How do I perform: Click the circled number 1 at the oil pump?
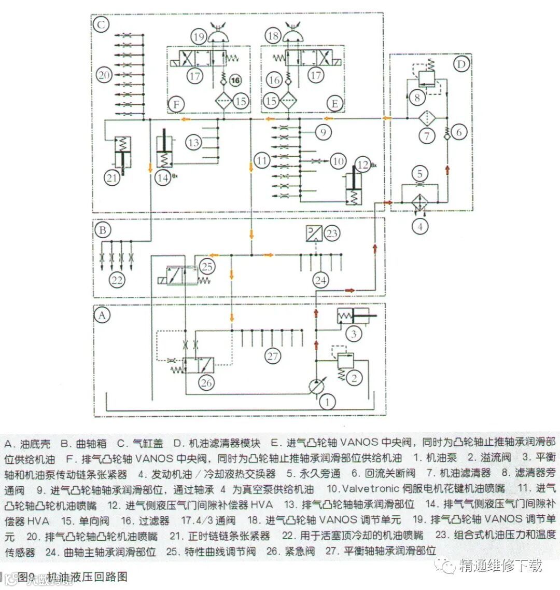(327, 400)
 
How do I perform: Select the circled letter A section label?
(102, 315)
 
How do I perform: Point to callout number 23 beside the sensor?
(332, 233)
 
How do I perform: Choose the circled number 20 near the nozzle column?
(104, 75)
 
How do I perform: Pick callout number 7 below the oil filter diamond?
(427, 136)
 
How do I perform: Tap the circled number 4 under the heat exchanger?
(421, 226)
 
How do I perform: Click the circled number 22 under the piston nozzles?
(117, 280)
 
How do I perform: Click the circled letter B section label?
(102, 229)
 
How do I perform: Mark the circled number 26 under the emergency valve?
(206, 383)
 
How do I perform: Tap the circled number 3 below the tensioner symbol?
(354, 334)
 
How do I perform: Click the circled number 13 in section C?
(194, 142)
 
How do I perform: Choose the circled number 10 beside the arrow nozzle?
(338, 161)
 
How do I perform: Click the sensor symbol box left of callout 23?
(314, 233)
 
